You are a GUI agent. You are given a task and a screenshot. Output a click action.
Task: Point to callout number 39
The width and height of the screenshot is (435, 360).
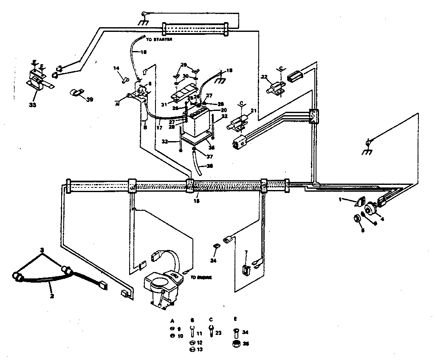point(89,99)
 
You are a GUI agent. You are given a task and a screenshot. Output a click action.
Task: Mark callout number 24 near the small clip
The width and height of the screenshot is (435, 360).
point(214,260)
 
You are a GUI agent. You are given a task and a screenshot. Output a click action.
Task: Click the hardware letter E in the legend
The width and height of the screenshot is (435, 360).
point(236,318)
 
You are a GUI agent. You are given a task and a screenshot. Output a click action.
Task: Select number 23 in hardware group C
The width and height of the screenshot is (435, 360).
point(219,333)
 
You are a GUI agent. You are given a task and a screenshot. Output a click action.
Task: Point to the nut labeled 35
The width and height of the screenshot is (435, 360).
point(235,343)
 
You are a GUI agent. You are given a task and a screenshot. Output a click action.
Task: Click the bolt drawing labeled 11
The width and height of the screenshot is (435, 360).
point(192,330)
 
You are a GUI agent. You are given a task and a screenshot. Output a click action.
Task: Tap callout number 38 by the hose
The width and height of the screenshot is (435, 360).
point(209,166)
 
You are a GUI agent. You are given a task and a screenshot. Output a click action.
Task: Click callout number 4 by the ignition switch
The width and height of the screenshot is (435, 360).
point(383,219)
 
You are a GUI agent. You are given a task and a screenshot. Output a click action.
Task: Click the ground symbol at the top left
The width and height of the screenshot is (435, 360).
point(144,20)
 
